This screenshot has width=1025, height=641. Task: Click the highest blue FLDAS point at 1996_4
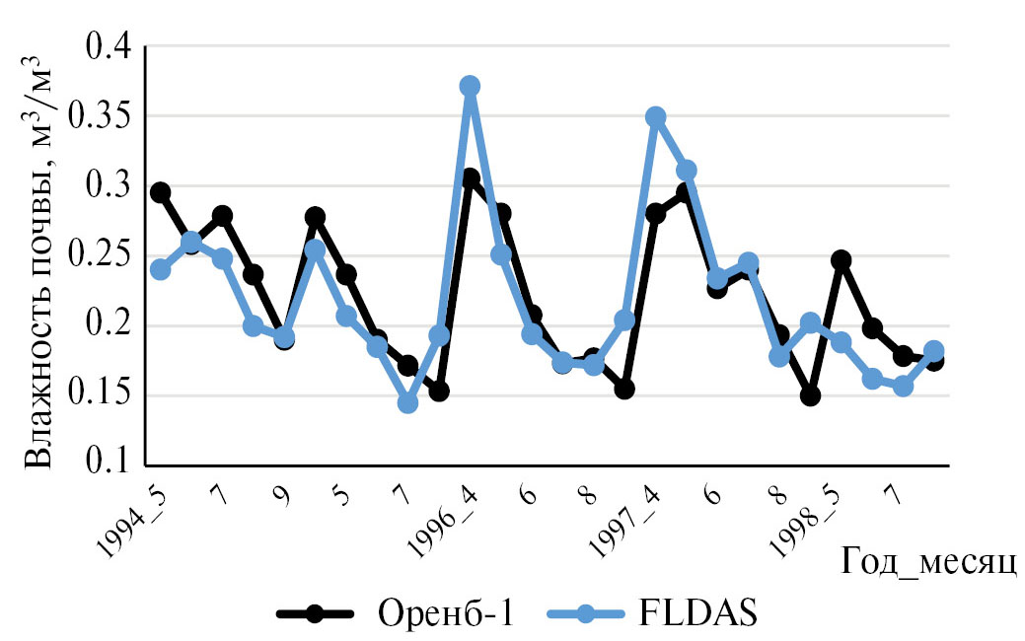point(470,86)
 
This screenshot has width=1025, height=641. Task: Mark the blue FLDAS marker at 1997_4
point(655,117)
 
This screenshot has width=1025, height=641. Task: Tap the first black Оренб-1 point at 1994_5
point(160,192)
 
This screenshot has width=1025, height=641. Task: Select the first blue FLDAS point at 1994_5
point(160,269)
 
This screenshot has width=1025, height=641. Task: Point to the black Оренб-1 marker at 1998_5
point(842,260)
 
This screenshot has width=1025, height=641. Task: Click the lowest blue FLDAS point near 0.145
point(407,402)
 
